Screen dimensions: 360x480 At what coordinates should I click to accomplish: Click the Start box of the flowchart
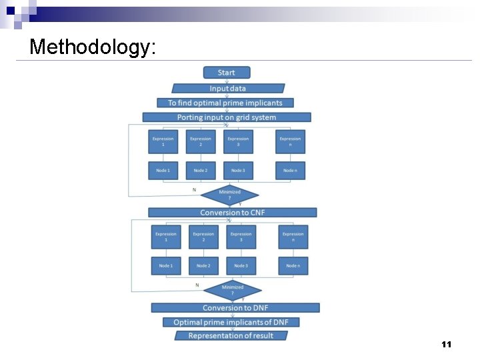click(227, 73)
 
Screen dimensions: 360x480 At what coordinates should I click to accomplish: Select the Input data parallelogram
click(228, 88)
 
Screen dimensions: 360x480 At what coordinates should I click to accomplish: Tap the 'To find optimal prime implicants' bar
click(225, 103)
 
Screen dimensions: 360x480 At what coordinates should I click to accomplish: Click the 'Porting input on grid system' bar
click(227, 117)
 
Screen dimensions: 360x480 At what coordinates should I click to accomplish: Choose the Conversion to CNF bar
click(232, 213)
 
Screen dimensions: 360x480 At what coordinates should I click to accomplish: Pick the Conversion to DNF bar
click(235, 308)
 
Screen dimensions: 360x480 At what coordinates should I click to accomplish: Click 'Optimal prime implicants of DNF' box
click(231, 322)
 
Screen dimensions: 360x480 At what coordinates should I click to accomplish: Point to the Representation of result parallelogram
click(231, 336)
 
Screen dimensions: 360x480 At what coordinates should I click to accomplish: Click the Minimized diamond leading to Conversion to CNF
click(229, 195)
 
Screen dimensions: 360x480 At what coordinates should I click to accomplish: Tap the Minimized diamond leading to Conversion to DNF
click(232, 290)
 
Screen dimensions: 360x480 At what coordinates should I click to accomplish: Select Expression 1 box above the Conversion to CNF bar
click(163, 141)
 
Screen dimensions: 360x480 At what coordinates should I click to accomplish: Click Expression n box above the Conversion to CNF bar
click(290, 141)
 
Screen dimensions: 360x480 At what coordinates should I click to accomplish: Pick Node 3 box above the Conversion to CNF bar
click(238, 171)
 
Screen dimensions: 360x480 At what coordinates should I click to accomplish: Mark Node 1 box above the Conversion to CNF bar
click(163, 171)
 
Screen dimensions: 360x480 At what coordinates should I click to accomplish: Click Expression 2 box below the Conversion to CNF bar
click(203, 237)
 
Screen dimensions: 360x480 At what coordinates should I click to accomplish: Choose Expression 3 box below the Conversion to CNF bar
click(241, 237)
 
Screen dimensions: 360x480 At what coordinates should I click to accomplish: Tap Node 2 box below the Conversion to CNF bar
click(203, 266)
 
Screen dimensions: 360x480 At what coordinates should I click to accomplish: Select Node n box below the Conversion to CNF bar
click(293, 266)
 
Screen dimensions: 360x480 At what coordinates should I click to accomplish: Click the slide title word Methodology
click(93, 47)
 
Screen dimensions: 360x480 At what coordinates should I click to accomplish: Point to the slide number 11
click(447, 345)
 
